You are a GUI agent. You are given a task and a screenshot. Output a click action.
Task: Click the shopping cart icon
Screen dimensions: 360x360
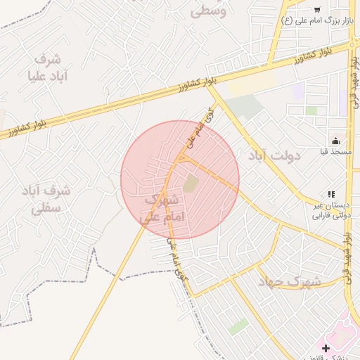pos(317,10)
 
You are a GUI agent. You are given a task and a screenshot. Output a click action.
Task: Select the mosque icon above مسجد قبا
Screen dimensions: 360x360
pos(335,141)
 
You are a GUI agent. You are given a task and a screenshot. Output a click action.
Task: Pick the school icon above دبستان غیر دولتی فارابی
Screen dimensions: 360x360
pos(331,194)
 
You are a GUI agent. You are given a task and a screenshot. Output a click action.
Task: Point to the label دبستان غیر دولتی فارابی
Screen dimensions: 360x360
pos(331,210)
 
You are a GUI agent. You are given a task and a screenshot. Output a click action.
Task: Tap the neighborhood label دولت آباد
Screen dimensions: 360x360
pos(274,155)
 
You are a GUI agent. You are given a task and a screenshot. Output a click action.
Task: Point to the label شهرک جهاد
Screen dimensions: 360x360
pos(289,282)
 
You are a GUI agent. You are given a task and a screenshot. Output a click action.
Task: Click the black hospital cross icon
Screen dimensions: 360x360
pos(326,348)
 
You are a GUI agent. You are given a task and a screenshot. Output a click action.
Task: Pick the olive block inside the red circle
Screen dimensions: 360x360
pos(191,183)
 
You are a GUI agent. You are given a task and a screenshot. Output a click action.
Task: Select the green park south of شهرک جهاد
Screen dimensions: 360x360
pos(238,326)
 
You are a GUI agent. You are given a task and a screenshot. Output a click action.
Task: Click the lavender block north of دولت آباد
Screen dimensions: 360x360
pos(299,91)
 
